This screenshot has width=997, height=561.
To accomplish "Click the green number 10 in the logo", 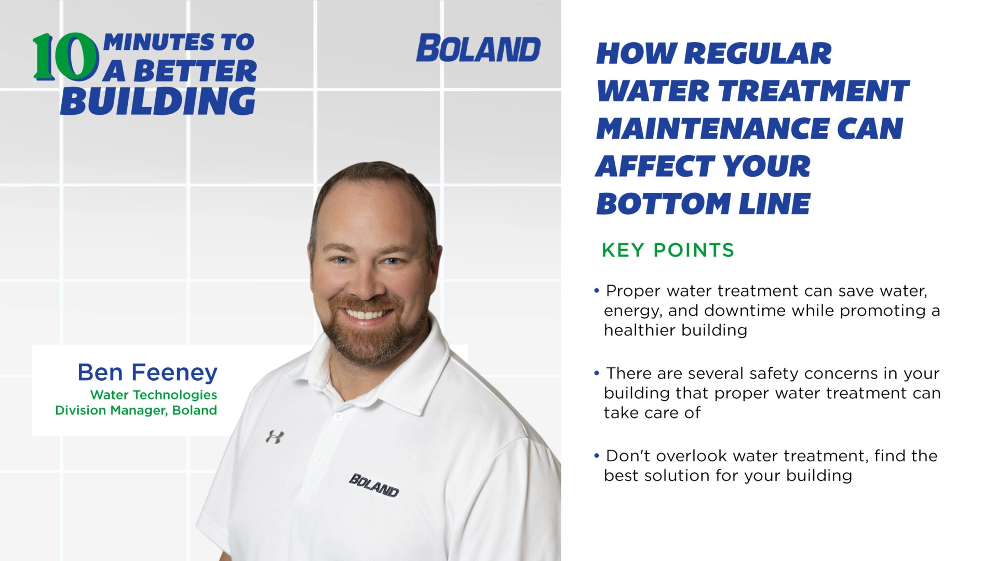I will tap(65, 57).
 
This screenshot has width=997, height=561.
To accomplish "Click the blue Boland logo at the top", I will tap(478, 49).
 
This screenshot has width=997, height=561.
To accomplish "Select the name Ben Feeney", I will tap(147, 372).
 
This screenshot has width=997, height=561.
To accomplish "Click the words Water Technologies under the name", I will tap(154, 395).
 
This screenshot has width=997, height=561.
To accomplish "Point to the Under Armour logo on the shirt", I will tap(275, 436).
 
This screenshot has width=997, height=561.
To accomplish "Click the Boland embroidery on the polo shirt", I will tap(374, 485).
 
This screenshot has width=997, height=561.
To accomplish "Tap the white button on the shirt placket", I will tap(338, 416).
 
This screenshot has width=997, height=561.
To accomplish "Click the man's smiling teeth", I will tap(366, 314).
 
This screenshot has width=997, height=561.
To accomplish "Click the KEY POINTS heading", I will tap(668, 250).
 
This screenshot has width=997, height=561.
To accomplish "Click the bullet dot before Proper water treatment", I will tap(597, 290).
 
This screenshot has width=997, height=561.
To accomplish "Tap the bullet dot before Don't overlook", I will tap(597, 456).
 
